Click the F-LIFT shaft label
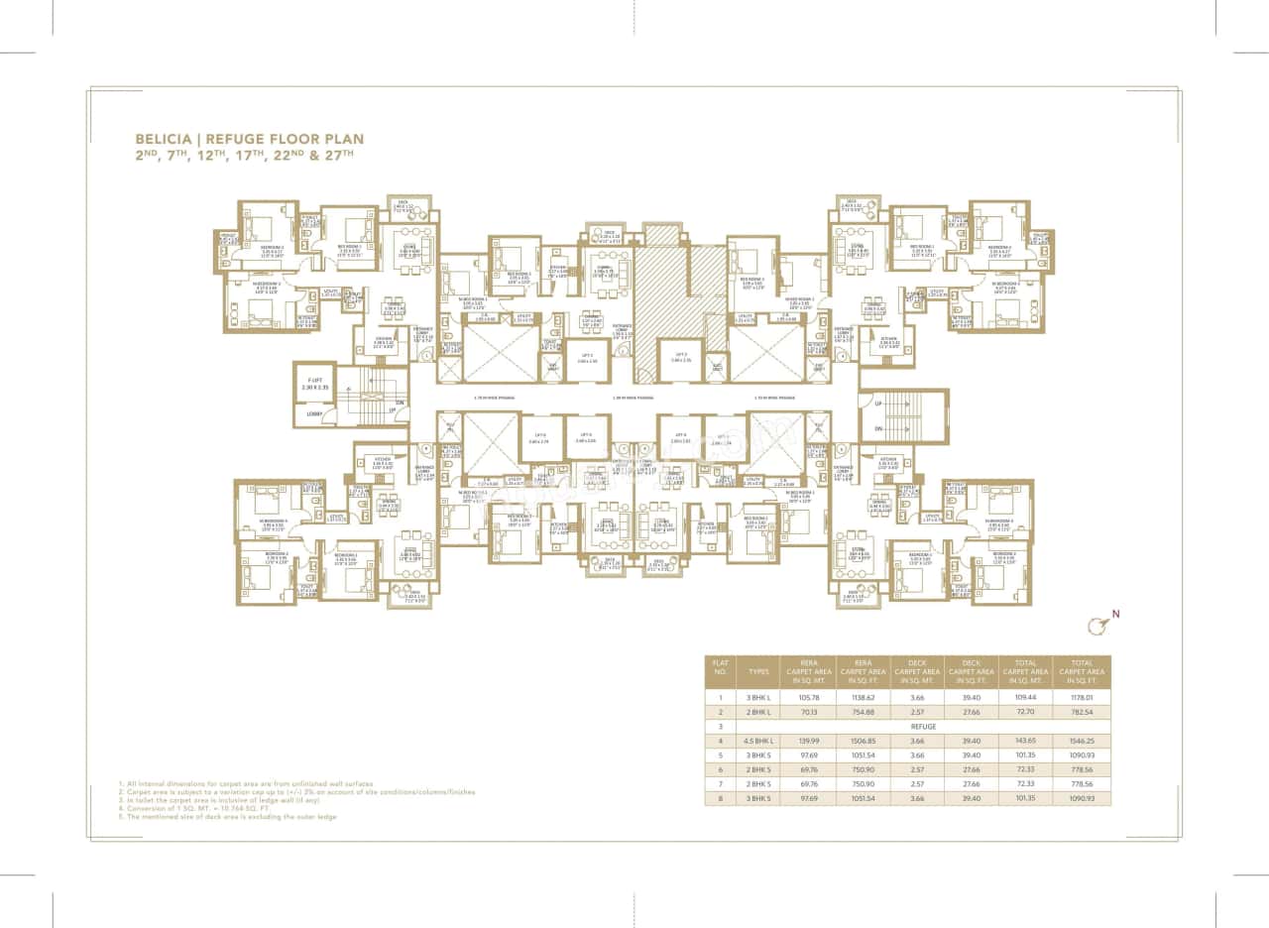(x=315, y=383)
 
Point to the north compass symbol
(x=1096, y=625)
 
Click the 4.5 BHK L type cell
(x=758, y=741)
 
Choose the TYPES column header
(x=758, y=671)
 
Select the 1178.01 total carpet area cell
(x=1082, y=697)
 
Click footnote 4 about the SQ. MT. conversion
(x=198, y=807)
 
